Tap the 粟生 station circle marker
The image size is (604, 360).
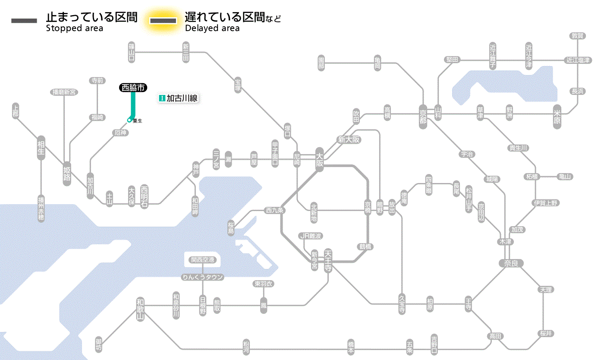129,120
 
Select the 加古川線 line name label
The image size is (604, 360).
182,98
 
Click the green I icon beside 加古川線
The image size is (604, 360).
162,98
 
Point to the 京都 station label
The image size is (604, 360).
423,114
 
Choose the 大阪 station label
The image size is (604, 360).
319,159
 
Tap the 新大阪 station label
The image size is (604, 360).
349,139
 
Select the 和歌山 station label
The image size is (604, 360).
140,309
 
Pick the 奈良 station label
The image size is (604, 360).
510,263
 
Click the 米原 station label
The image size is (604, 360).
558,116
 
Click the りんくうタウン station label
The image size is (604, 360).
203,277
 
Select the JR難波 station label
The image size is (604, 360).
311,236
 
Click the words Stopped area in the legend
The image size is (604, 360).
75,28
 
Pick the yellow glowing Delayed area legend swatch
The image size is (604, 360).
163,21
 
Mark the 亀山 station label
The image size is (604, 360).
565,177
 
